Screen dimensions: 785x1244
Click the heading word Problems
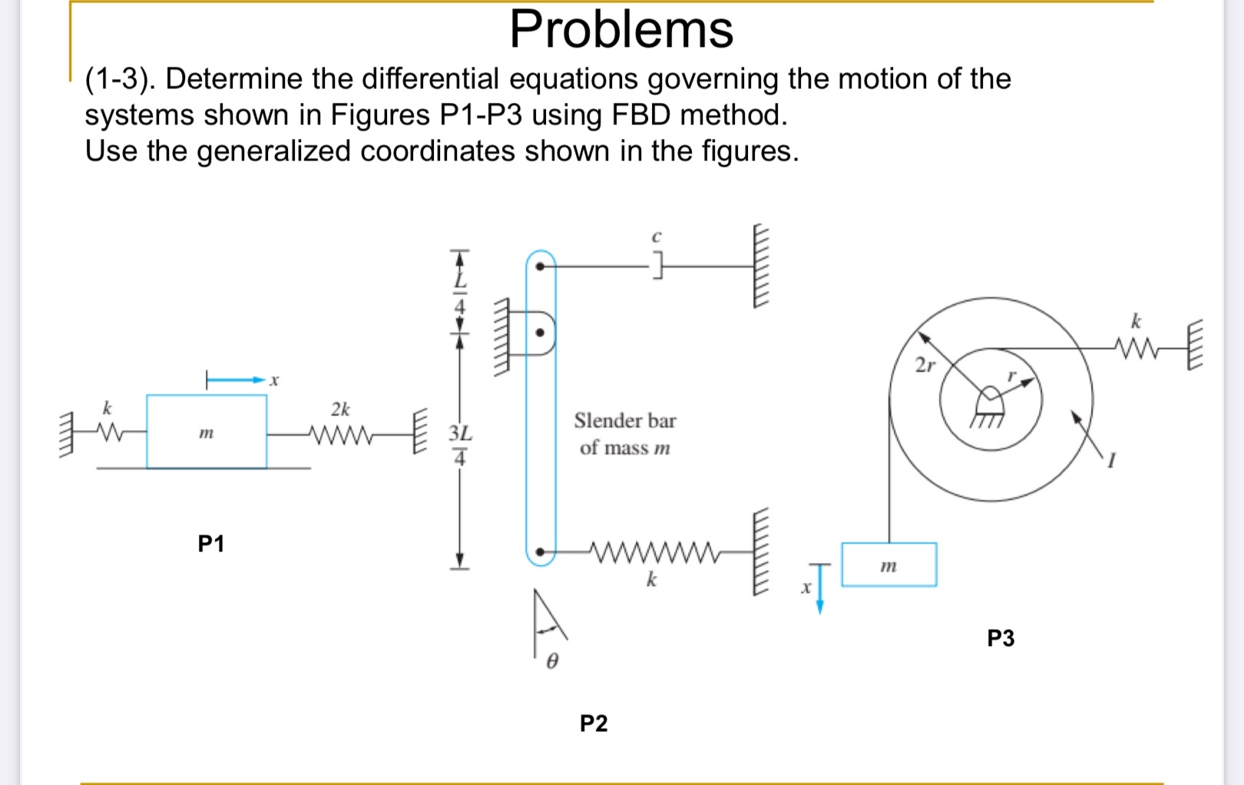coord(621,30)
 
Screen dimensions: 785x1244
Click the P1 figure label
coord(210,544)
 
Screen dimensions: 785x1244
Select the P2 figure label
coord(593,723)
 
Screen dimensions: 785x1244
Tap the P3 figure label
coord(1000,638)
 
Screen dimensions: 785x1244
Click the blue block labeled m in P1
coord(207,432)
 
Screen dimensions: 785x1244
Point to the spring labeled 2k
coord(341,435)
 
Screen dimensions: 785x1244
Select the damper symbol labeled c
coord(657,267)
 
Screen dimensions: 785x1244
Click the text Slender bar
coord(624,421)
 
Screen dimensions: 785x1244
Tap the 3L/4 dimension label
coord(459,445)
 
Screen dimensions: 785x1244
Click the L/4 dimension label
coord(459,293)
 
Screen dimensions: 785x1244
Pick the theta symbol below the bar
coord(551,661)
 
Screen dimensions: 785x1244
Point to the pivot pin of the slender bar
coord(541,333)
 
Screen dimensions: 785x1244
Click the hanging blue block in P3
coord(888,565)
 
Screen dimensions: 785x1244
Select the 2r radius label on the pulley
coord(925,365)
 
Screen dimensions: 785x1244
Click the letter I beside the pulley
coord(1110,460)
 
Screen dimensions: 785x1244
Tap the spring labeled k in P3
coord(1136,349)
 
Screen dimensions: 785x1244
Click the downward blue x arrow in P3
coord(819,590)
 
